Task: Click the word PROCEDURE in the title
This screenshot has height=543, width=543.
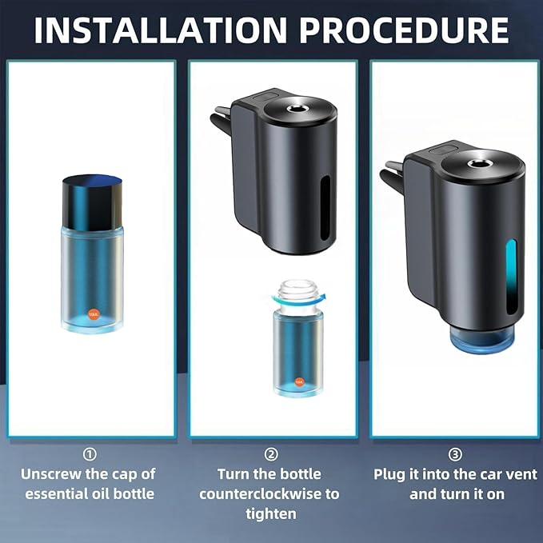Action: [403, 30]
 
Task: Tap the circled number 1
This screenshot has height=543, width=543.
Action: [91, 454]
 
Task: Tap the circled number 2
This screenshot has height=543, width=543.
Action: [273, 454]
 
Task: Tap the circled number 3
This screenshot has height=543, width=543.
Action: [455, 454]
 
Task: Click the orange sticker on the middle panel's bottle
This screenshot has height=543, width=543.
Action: [299, 382]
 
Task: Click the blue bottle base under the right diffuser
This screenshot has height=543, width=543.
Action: [480, 341]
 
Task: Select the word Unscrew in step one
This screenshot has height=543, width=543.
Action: [53, 473]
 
